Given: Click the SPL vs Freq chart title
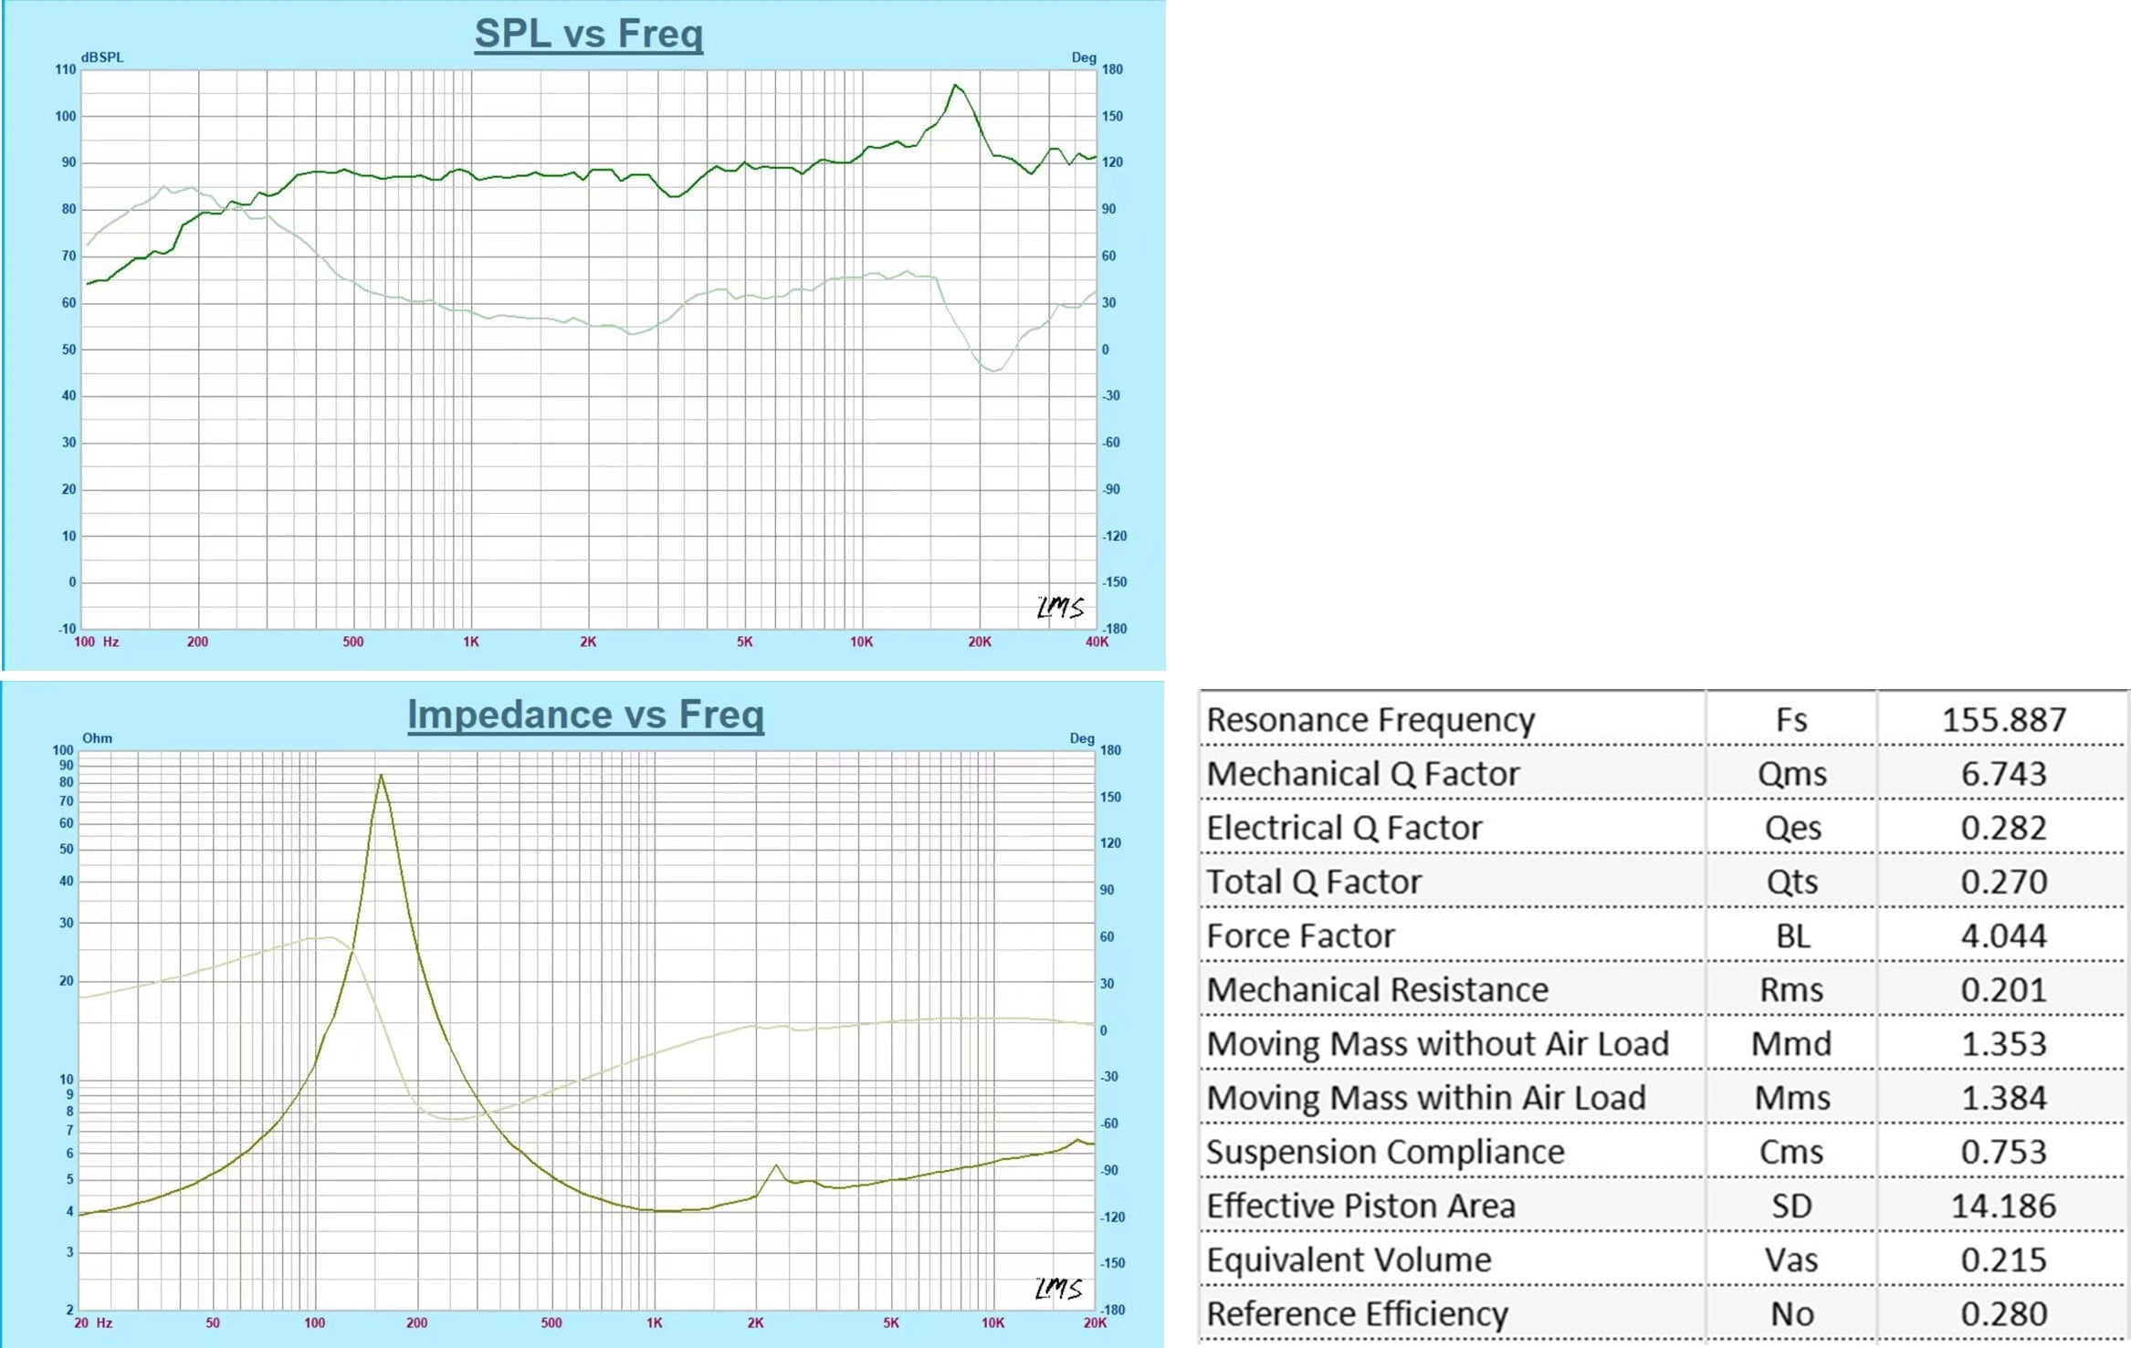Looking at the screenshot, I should coord(589,34).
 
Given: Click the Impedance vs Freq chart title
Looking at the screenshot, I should coord(585,715).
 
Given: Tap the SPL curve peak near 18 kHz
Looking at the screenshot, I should coord(955,86).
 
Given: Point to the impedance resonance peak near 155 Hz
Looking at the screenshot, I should coord(381,776).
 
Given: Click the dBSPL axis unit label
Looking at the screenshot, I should coord(102,57).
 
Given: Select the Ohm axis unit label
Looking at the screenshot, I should coord(97,738).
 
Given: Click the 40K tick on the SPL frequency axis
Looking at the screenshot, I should coord(1097,643).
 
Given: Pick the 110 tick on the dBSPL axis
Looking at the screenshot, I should coord(66,69).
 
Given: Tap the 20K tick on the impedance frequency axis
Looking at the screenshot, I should coord(1095,1323).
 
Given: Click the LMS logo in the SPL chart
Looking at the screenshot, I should coord(1060,608).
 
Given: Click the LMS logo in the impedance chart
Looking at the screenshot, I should coord(1058,1289).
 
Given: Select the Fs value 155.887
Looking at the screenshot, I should coord(2003,720).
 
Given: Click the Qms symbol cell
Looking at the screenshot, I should coord(1791,774).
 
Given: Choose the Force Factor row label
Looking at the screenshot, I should coord(1301,936).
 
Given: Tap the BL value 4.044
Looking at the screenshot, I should coord(2003,936).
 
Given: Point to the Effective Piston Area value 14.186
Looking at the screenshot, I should coord(2003,1207).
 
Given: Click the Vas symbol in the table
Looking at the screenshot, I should coord(1791,1260).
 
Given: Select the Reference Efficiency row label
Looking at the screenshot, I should coord(1358,1314).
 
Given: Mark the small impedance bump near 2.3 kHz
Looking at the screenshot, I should coord(776,1165).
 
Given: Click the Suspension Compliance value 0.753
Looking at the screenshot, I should coord(2003,1153).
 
